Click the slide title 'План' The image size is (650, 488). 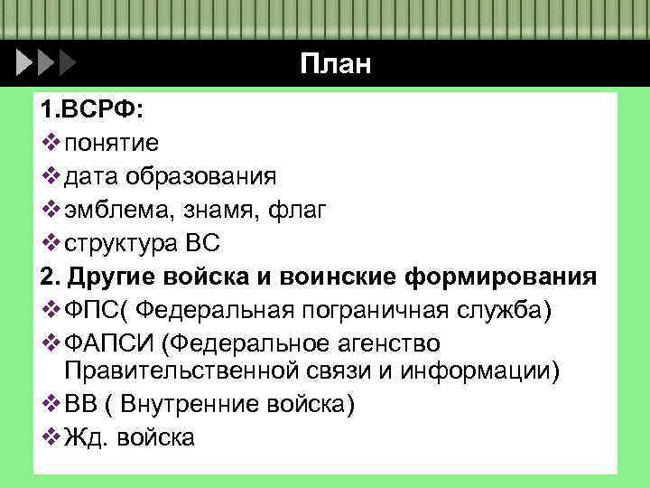[336, 64]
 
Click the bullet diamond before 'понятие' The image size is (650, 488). [50, 142]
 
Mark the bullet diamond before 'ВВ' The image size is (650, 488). [50, 403]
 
